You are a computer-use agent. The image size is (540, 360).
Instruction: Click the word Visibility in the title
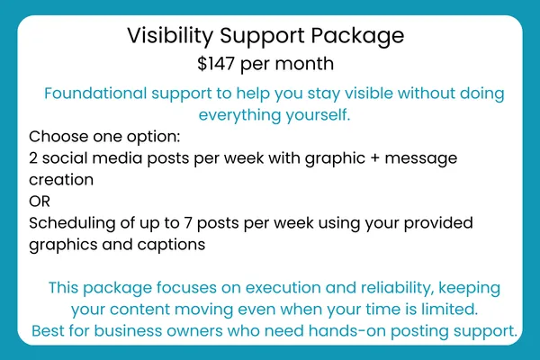tap(170, 36)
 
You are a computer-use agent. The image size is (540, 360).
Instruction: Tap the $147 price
tap(216, 64)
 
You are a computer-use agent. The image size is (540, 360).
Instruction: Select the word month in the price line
tap(304, 64)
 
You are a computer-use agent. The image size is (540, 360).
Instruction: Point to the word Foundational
tap(95, 94)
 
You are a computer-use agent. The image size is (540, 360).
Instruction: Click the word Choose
tap(58, 137)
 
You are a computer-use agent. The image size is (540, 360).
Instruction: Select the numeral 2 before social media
tap(33, 158)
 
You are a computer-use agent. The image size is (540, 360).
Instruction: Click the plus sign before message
tap(374, 158)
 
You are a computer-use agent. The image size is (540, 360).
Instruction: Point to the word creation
tap(61, 180)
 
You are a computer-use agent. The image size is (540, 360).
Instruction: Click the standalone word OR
tap(40, 202)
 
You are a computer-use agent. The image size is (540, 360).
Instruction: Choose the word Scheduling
tap(72, 223)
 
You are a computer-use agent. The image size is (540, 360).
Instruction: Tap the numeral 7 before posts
tap(188, 223)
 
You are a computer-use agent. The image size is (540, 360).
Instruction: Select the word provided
tap(438, 223)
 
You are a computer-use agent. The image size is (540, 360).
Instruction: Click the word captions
tap(171, 246)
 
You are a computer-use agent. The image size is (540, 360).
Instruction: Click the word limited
tap(449, 310)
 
